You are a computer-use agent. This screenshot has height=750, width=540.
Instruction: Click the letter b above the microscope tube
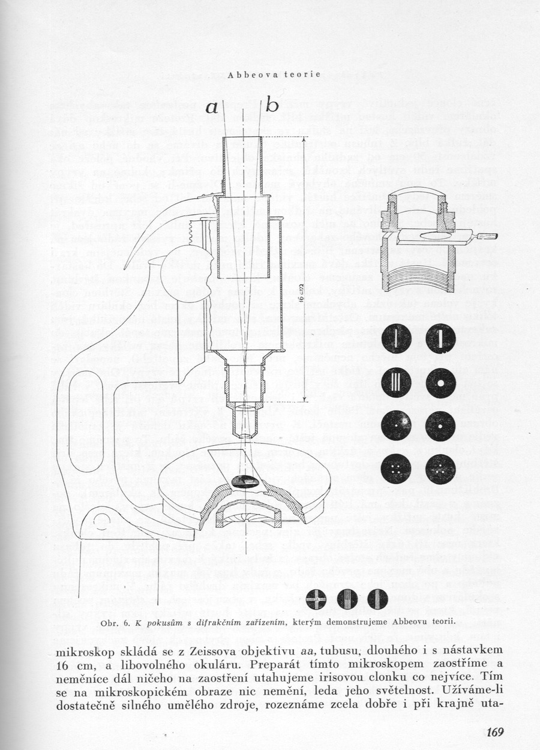click(x=272, y=106)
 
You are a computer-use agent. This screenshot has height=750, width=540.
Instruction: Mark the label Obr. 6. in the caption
click(x=116, y=622)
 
